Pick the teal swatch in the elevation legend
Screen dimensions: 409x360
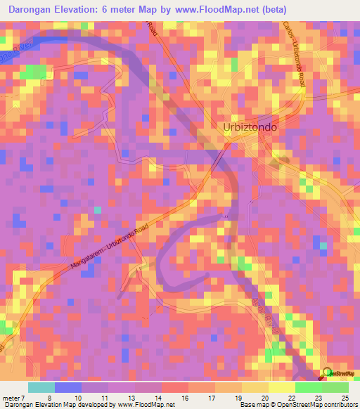(41, 387)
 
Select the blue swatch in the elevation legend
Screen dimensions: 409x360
(68, 387)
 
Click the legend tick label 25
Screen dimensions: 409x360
(345, 397)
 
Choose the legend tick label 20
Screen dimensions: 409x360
(265, 397)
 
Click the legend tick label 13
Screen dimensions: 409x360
(131, 397)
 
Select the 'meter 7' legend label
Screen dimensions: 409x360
(14, 397)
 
